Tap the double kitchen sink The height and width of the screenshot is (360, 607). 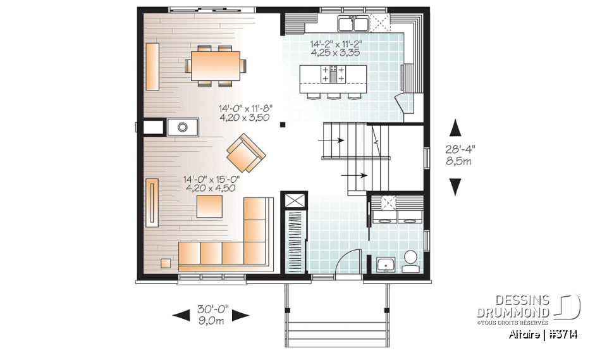tap(353, 24)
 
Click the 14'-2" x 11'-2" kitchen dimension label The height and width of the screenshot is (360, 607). tap(335, 49)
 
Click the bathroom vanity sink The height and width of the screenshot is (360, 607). tap(386, 264)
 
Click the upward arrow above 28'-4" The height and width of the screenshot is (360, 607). tap(455, 128)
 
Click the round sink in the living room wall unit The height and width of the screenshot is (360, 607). tap(183, 128)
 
